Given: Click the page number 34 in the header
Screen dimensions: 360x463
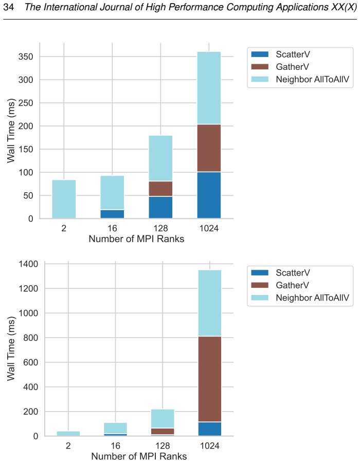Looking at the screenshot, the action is coord(9,7).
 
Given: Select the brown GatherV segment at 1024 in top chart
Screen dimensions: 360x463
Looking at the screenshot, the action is coord(209,148).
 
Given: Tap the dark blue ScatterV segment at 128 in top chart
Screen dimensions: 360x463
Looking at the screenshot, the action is coord(160,207).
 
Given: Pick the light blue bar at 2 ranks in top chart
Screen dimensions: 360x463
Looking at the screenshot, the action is coord(64,199).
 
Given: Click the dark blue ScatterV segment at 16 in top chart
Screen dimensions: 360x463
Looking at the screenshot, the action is coord(112,214).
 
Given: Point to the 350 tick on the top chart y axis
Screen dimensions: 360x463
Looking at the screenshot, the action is coord(26,57).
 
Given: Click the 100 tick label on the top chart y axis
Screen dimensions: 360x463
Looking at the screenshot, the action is coord(26,173).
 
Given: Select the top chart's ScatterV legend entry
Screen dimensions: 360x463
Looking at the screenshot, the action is coord(280,54).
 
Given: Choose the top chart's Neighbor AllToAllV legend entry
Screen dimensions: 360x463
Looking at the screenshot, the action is coord(300,79).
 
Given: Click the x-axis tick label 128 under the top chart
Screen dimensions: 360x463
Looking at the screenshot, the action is coord(160,228).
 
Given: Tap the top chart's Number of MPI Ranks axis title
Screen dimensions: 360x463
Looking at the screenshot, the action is coord(136,238).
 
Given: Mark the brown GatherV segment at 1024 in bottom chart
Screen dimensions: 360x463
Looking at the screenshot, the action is coord(209,379).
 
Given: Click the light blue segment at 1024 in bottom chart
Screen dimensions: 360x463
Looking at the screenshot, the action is coord(209,303).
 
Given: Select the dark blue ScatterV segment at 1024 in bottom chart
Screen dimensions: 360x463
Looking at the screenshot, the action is coord(209,429).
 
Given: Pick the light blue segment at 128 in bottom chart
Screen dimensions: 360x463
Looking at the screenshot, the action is coord(163,419).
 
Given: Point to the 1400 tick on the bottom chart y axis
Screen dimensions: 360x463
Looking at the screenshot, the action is coord(29,264).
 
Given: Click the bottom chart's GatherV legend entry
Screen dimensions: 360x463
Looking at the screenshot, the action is coord(280,285).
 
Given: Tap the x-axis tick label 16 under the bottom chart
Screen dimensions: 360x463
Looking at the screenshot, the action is coord(115,446).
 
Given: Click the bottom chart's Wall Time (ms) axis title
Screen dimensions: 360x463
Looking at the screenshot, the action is coord(11,348).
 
